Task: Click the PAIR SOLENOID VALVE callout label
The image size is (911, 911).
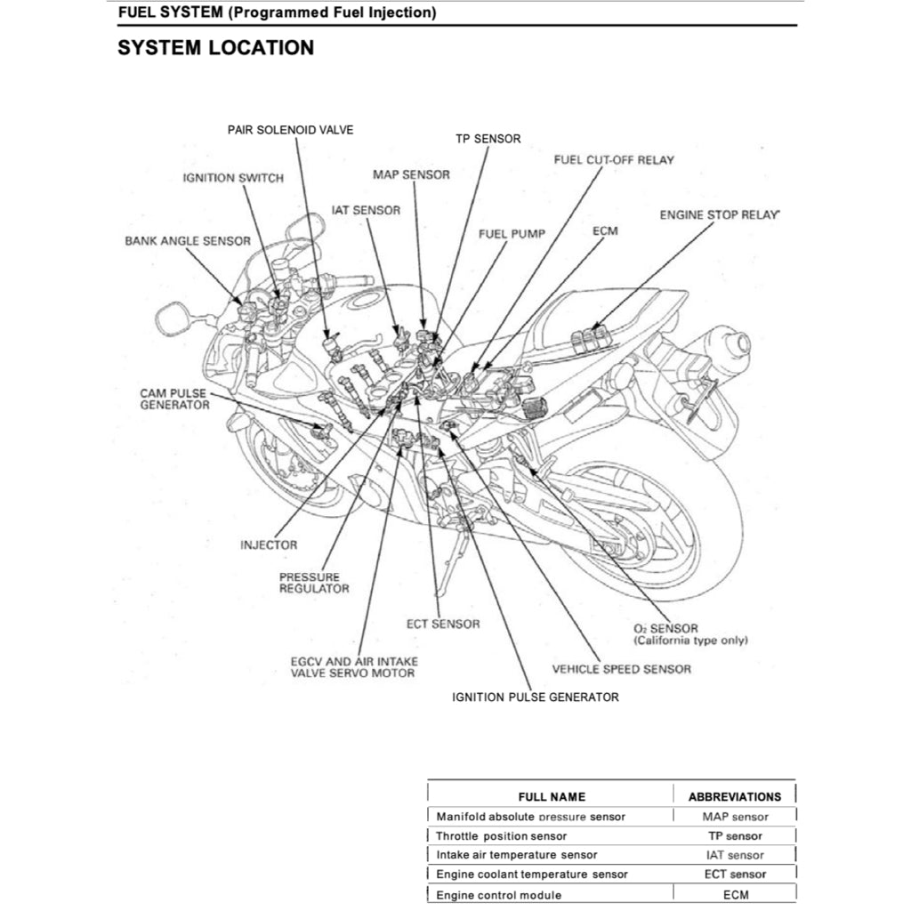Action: (290, 130)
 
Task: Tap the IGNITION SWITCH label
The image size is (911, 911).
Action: (233, 178)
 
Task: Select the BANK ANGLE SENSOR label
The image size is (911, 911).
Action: (187, 241)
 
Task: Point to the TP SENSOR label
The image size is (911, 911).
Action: (488, 139)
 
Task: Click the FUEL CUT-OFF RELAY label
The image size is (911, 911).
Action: (614, 160)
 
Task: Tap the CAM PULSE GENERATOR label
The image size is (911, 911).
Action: (174, 399)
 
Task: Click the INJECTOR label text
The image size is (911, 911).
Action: (269, 545)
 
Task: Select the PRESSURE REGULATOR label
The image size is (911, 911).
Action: (314, 583)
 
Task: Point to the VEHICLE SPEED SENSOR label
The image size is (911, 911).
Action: (621, 669)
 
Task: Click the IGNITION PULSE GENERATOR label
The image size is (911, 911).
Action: (535, 697)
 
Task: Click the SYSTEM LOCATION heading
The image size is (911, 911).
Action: (215, 48)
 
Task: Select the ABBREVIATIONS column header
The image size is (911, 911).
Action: (735, 796)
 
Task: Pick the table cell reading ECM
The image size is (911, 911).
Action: (736, 895)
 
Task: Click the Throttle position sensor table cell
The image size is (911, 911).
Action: (501, 836)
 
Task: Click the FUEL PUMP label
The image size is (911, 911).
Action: (512, 234)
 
